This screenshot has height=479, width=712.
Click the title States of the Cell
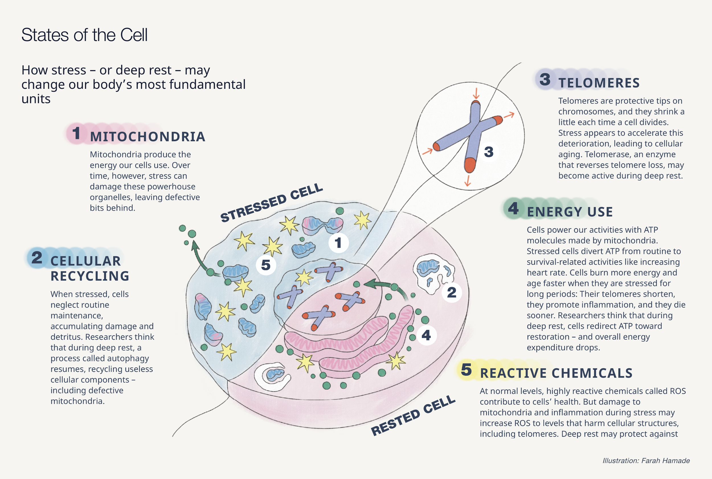coord(84,35)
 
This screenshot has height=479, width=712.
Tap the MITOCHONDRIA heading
coord(148,136)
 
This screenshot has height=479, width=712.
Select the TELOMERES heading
coord(599,83)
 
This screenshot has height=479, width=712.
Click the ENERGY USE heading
coord(570,212)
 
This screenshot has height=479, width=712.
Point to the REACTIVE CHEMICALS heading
coord(556,373)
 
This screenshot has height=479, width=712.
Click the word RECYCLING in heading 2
coord(90,276)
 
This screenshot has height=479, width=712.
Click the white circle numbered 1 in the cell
coord(338,243)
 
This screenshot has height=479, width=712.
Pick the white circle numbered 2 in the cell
coord(451,292)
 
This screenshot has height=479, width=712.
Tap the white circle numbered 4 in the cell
coord(426,335)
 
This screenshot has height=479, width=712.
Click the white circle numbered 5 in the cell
coord(266,265)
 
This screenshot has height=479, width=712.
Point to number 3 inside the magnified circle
coord(489,152)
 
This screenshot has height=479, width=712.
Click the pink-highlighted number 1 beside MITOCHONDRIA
coord(76,133)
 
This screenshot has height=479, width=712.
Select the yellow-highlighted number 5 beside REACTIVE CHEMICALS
coord(467,370)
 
